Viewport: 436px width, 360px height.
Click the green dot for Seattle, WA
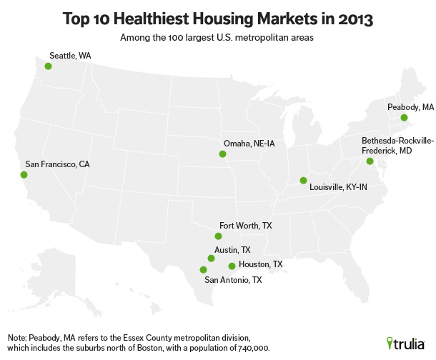tap(48, 66)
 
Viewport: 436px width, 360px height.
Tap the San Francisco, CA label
tap(57, 164)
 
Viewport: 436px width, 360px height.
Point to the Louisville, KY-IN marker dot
tap(302, 180)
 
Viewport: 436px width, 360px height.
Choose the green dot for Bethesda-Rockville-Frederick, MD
tap(370, 161)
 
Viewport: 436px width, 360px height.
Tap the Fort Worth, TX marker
tap(219, 236)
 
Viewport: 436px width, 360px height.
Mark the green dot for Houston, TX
tap(232, 266)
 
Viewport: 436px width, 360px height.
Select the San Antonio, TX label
tap(233, 280)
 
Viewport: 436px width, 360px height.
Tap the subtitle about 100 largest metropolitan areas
tap(217, 35)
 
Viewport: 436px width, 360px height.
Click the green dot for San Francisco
tap(24, 174)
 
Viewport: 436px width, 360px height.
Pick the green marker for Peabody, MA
tap(404, 117)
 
